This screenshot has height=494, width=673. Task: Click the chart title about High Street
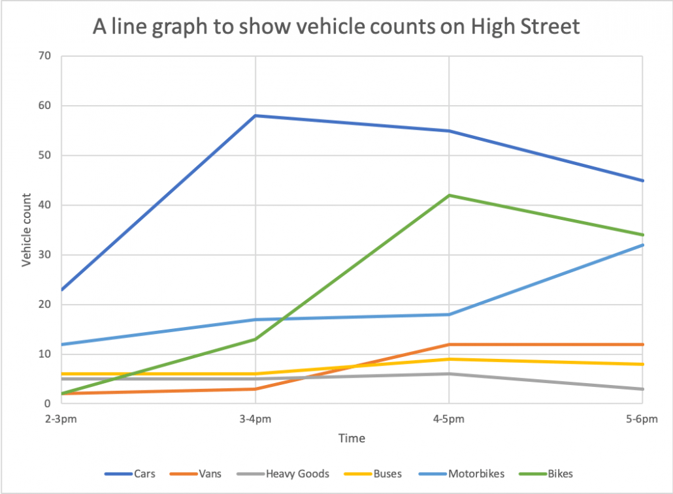(x=336, y=27)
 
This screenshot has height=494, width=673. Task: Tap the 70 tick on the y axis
(x=44, y=56)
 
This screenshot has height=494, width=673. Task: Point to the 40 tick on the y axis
(x=44, y=206)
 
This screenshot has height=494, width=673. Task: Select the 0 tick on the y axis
(x=48, y=404)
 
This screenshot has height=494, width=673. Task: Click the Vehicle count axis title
(x=27, y=230)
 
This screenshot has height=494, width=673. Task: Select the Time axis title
(x=352, y=439)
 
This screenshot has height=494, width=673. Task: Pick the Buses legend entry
(x=385, y=474)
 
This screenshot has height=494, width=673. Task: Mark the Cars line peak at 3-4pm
(x=255, y=116)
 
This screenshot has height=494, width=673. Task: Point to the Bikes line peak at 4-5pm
(x=448, y=195)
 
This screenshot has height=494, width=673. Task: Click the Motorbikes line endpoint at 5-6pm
(x=643, y=245)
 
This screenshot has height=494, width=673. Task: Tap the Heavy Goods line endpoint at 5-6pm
(x=643, y=389)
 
